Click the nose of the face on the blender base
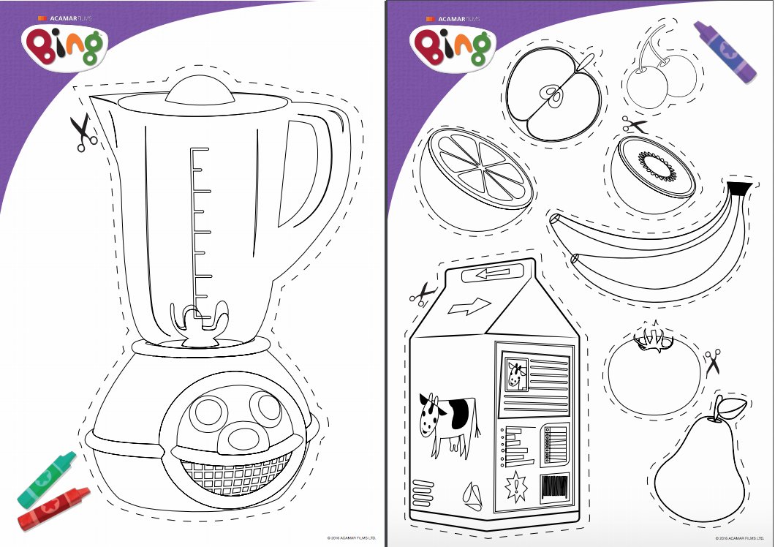click(240, 436)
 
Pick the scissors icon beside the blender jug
click(83, 133)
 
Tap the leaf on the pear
click(734, 407)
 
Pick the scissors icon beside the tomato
click(713, 361)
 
